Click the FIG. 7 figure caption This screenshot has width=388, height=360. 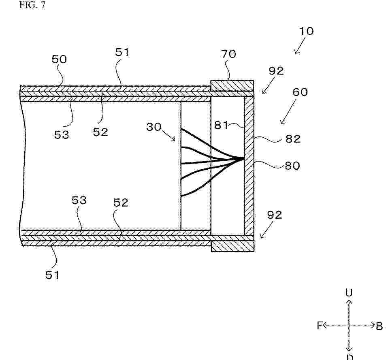[x=32, y=5]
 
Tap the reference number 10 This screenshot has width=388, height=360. [x=307, y=31]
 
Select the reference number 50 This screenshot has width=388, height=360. [x=59, y=59]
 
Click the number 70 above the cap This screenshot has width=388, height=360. [x=228, y=54]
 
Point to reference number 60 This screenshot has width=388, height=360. [x=300, y=92]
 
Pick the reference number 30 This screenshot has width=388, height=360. [x=153, y=127]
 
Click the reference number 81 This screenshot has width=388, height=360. [x=221, y=125]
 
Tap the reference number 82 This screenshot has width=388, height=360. [x=293, y=139]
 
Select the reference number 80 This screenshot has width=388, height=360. [x=292, y=166]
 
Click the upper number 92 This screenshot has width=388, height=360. [x=276, y=71]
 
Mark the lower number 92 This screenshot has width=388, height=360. [x=275, y=215]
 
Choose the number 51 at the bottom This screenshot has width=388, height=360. [x=52, y=275]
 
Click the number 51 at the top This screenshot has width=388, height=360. [x=122, y=52]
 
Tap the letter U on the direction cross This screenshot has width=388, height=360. [x=349, y=293]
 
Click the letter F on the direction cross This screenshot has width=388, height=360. [x=320, y=325]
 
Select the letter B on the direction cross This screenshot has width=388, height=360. [x=379, y=326]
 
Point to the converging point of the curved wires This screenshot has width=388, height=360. [x=243, y=159]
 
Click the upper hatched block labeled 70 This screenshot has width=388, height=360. [x=232, y=85]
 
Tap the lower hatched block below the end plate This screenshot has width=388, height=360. [x=232, y=246]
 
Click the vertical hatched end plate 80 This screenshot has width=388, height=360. [x=249, y=166]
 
